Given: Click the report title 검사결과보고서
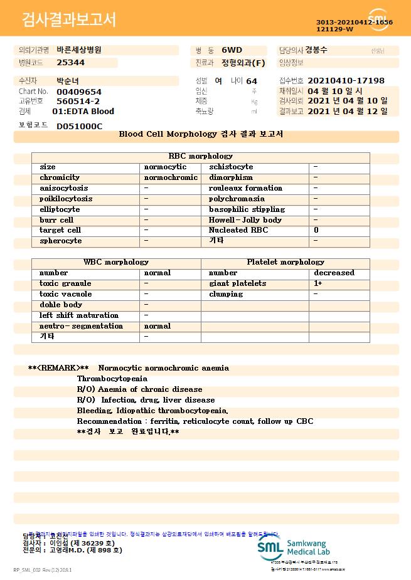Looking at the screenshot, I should coord(69,20).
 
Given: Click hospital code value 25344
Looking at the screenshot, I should coord(70,63).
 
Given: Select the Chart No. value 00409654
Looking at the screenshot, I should coord(79,92).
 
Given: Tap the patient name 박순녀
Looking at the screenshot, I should coord(68,81).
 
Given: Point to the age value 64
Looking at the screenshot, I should coord(252,82).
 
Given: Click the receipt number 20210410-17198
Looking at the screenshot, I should coord(346,81).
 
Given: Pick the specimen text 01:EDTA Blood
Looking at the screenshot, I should coord(83,112).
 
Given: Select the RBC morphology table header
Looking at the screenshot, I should coord(201,156).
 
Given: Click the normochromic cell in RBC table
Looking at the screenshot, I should coord(171,177).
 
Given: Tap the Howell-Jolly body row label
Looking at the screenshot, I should coord(245,220).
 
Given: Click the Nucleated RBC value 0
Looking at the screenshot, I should coord(316,230).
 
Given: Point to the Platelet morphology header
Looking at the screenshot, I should coord(286,262).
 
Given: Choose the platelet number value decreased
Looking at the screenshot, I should coord(334,273).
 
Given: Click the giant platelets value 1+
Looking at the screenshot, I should coord(318,283).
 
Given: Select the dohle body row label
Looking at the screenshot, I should coord(61,305).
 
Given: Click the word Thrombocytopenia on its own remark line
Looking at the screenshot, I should coord(112,379).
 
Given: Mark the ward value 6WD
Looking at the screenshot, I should coord(232,50).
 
